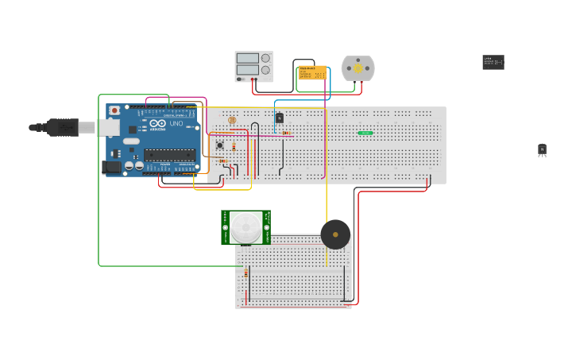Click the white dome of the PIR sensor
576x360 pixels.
click(245, 228)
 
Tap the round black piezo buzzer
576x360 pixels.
click(335, 234)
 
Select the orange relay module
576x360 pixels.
click(312, 72)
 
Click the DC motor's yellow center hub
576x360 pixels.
click(358, 68)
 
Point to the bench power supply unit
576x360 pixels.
click(253, 67)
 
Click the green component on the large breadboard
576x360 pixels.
click(365, 133)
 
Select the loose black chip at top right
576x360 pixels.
click(493, 62)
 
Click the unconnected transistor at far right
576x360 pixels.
click(542, 149)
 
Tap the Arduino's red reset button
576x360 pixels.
click(115, 110)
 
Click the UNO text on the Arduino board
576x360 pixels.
click(176, 124)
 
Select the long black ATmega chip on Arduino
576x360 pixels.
click(169, 154)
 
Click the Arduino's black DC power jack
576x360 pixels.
click(112, 167)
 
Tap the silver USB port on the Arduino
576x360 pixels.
click(108, 127)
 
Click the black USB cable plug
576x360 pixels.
click(63, 127)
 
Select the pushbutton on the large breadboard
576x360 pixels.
click(220, 145)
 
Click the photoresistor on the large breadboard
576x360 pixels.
click(232, 120)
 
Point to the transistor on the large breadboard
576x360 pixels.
click(279, 118)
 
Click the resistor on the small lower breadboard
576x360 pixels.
click(245, 273)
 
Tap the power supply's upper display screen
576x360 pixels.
click(248, 58)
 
